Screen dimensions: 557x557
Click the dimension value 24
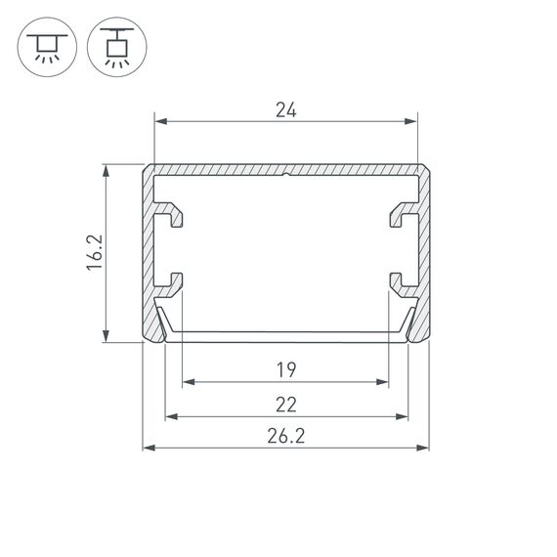[285, 110]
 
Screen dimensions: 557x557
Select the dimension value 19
[285, 369]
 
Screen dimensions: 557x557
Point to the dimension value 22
[285, 404]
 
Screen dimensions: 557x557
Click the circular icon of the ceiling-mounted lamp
[46, 47]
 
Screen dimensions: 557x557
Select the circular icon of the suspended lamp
[114, 47]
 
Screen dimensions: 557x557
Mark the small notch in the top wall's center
[286, 178]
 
